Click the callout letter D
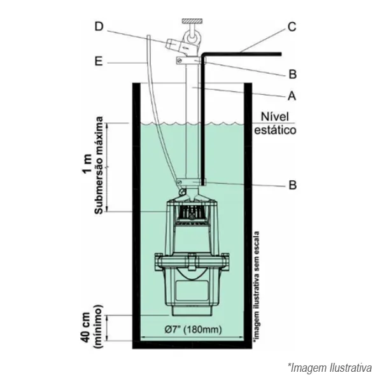click(99, 27)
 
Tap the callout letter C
click(292, 27)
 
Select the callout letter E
click(99, 62)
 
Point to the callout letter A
click(292, 95)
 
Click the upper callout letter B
click(293, 74)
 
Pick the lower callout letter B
click(293, 185)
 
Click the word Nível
click(275, 117)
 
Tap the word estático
click(275, 130)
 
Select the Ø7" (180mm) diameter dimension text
click(193, 330)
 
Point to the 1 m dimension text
click(87, 164)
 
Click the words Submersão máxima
click(99, 166)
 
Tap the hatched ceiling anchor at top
click(192, 21)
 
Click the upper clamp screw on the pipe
click(180, 60)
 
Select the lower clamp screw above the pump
click(180, 182)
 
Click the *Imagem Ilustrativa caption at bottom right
click(330, 367)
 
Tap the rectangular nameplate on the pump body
click(192, 290)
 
